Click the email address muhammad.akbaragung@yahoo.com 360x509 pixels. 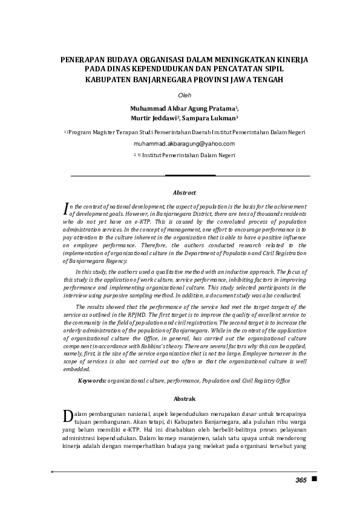184,144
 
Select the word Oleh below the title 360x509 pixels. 184,96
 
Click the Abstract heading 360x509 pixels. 185,192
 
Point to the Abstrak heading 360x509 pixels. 185,399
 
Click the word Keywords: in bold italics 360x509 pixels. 92,381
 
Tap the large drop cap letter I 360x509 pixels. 66,209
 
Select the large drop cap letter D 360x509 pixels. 68,417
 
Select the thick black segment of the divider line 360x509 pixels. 191,175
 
